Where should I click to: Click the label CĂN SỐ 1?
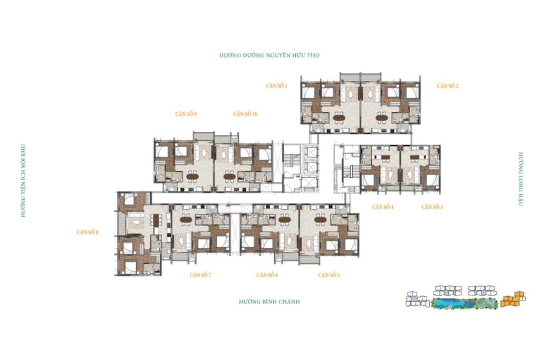point(276,86)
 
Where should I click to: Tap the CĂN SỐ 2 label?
point(448,86)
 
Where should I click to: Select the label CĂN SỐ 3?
point(432,207)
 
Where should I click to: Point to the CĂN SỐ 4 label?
point(383,207)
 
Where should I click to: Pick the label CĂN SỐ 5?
point(329,275)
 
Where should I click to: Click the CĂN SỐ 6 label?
point(267,275)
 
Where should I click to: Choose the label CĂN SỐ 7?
point(200,275)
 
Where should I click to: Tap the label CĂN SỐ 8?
point(87,232)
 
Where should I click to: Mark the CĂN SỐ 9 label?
point(186,114)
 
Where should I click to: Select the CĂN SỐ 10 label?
point(245,114)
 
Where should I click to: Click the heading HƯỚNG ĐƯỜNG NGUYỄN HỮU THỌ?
point(269,55)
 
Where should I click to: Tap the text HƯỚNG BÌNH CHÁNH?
point(269,302)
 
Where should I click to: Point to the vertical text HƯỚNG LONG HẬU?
point(520,179)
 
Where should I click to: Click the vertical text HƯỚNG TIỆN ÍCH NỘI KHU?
point(23,181)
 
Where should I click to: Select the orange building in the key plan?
point(513,299)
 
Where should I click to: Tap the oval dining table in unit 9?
point(192,177)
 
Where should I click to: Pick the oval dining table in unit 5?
point(320,219)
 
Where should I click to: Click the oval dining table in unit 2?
point(382,118)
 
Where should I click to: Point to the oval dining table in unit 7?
point(186,219)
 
